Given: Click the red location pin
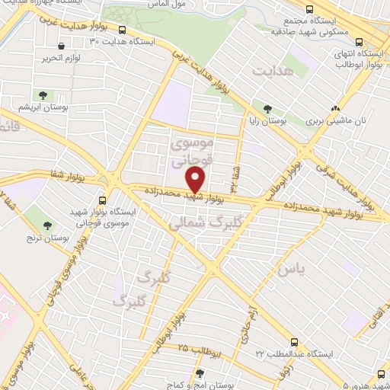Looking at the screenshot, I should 196,179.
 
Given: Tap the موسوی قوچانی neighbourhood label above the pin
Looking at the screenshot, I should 196,152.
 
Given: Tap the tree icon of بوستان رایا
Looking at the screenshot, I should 267,107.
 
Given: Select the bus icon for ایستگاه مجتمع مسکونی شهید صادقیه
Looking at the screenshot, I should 308,9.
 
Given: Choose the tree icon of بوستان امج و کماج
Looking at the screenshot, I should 200,373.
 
